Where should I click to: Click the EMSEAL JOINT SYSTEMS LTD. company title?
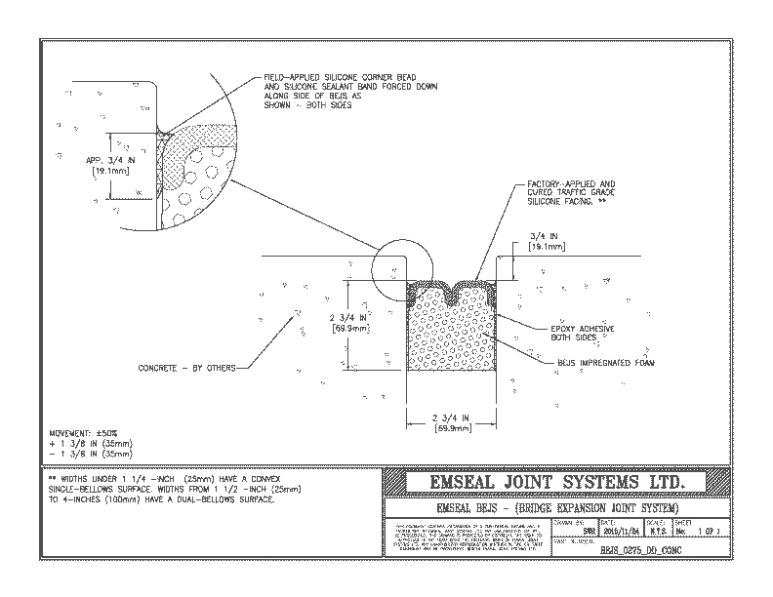point(557,483)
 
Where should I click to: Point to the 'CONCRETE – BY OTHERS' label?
point(185,368)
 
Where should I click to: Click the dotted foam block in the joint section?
point(452,337)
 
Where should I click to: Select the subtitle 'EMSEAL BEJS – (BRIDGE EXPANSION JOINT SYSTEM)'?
point(556,509)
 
